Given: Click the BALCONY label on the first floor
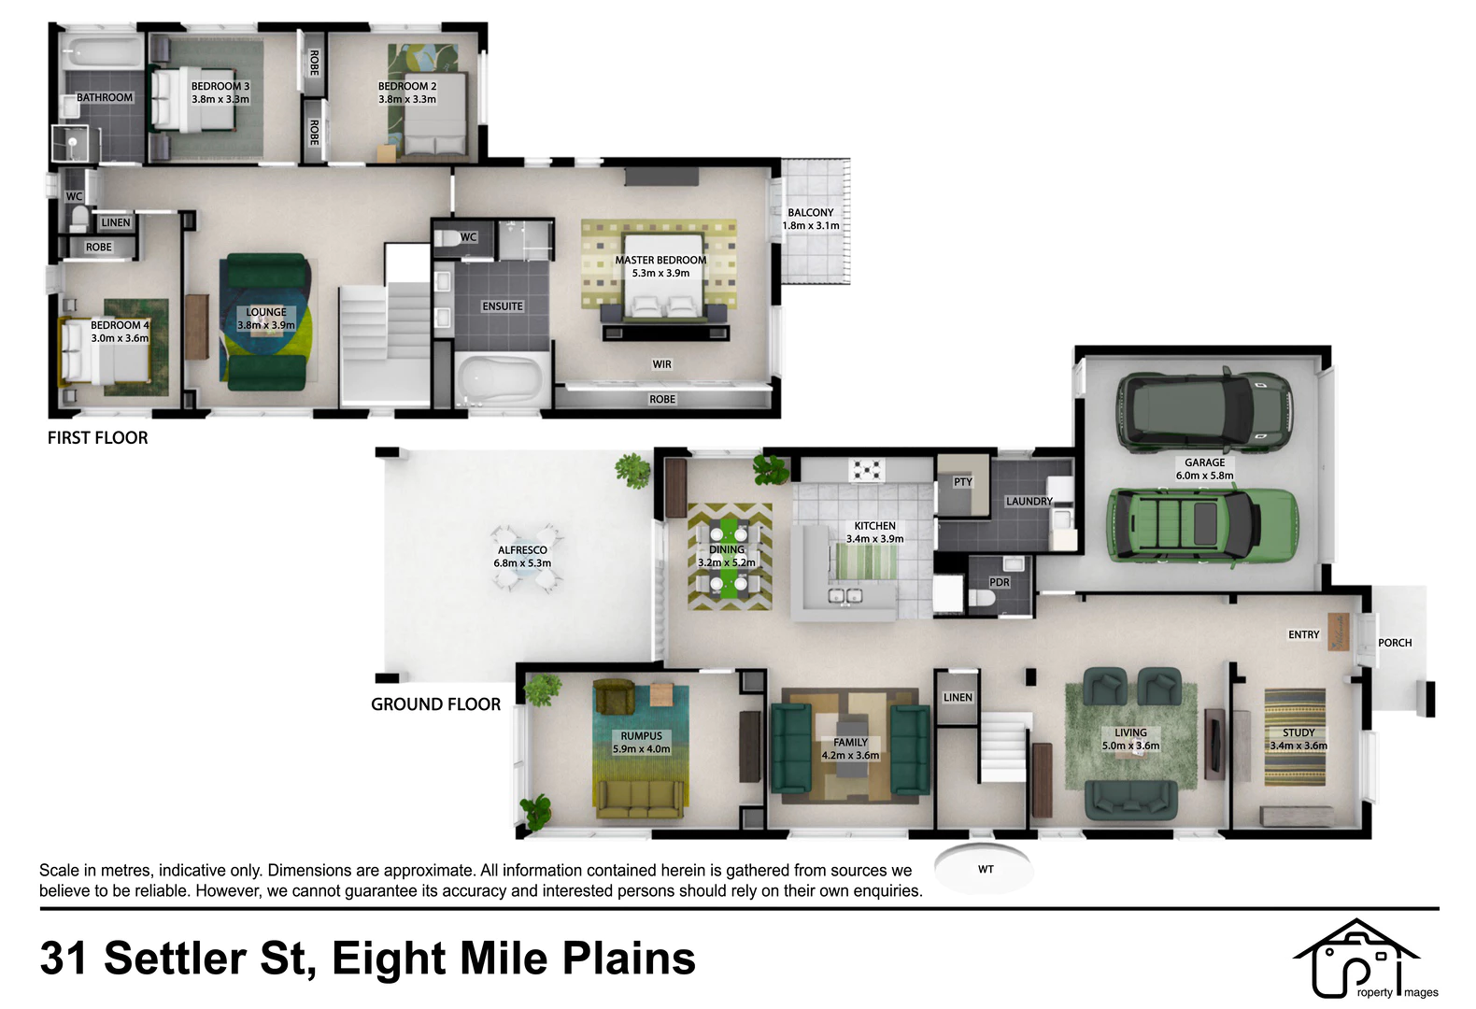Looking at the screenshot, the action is pyautogui.click(x=811, y=213).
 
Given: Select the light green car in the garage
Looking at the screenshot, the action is pyautogui.click(x=1203, y=525).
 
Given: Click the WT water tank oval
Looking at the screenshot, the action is pyautogui.click(x=984, y=869).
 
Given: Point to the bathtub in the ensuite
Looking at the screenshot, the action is pyautogui.click(x=502, y=379).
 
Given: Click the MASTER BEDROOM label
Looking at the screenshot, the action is pyautogui.click(x=660, y=261).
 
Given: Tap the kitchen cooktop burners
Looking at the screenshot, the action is pyautogui.click(x=867, y=471).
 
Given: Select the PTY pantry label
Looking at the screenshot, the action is pyautogui.click(x=963, y=482).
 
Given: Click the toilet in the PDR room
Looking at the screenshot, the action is pyautogui.click(x=983, y=598).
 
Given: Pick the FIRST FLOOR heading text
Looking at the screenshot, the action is pyautogui.click(x=97, y=438).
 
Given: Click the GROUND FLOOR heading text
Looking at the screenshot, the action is pyautogui.click(x=435, y=704).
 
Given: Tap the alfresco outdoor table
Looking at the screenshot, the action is pyautogui.click(x=526, y=559).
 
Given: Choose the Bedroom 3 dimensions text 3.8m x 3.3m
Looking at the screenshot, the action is pyautogui.click(x=220, y=100).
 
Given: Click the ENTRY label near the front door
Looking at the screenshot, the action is pyautogui.click(x=1303, y=634).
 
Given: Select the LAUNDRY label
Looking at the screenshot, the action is pyautogui.click(x=1029, y=502).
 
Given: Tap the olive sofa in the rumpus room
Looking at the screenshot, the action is pyautogui.click(x=640, y=799).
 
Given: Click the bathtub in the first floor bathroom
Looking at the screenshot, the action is pyautogui.click(x=103, y=51).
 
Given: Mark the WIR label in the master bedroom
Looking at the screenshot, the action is pyautogui.click(x=661, y=364).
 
